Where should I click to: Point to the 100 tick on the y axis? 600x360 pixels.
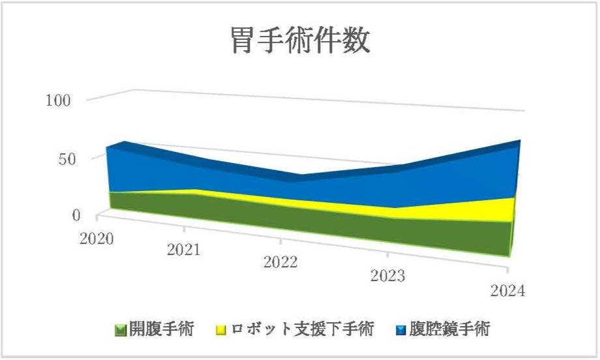click(x=59, y=100)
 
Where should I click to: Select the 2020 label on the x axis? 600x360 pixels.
click(x=97, y=238)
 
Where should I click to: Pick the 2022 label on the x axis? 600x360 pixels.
click(x=280, y=262)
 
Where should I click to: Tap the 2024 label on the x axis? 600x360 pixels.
click(x=507, y=291)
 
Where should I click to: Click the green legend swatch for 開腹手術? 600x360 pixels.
click(x=120, y=329)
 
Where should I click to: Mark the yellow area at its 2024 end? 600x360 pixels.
click(x=502, y=209)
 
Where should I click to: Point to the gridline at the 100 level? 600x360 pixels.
click(x=326, y=101)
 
